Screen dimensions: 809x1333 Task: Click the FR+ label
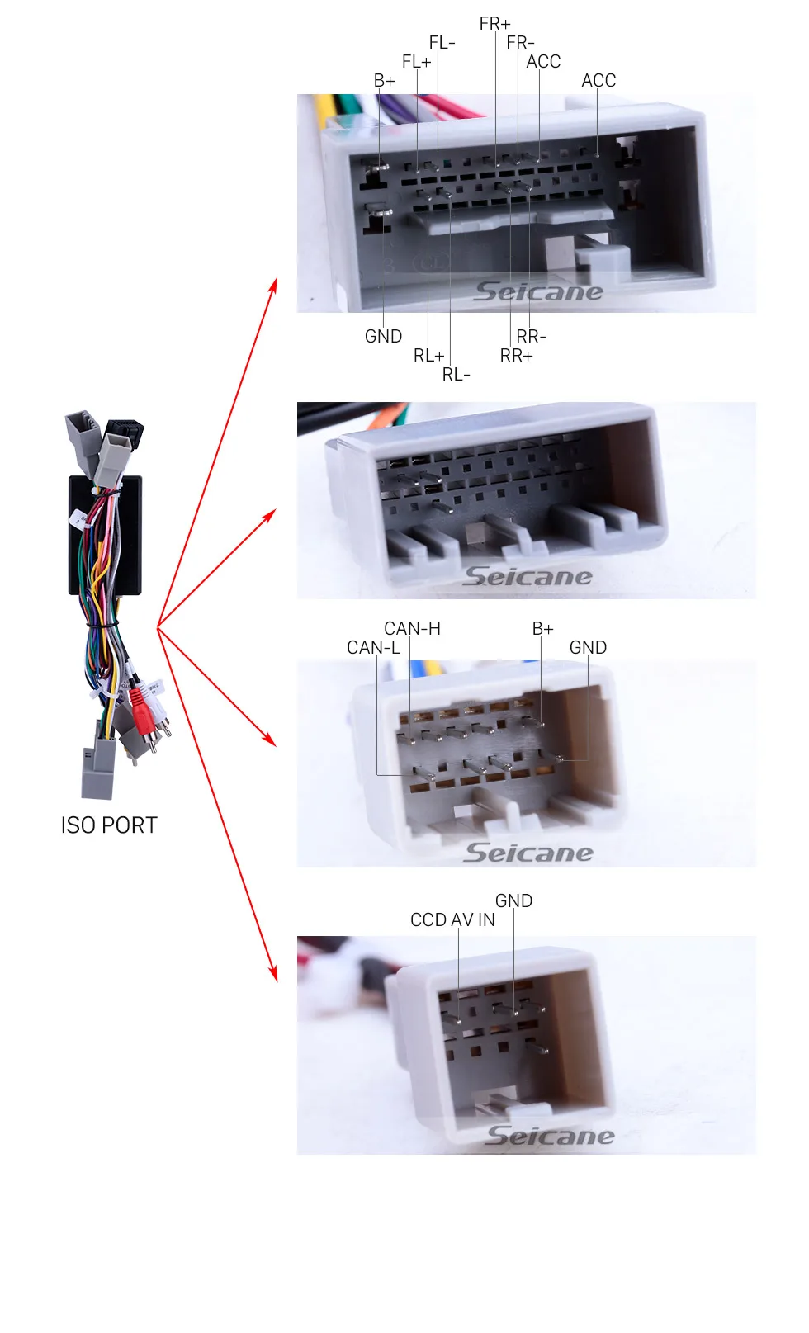pyautogui.click(x=494, y=24)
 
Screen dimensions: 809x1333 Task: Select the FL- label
pyautogui.click(x=442, y=43)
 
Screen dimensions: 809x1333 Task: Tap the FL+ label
pyautogui.click(x=416, y=62)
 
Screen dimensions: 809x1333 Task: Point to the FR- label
pyautogui.click(x=520, y=43)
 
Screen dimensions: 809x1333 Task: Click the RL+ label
pyautogui.click(x=428, y=356)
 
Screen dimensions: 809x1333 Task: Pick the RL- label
pyautogui.click(x=456, y=375)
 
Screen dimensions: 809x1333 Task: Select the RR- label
pyautogui.click(x=531, y=337)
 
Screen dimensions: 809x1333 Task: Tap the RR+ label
pyautogui.click(x=516, y=356)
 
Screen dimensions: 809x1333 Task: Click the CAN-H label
pyautogui.click(x=412, y=628)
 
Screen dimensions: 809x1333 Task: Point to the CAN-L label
pyautogui.click(x=373, y=647)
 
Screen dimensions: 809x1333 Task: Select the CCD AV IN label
pyautogui.click(x=452, y=920)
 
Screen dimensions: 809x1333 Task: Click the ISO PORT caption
pyautogui.click(x=109, y=825)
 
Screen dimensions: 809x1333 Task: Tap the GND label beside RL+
pyautogui.click(x=383, y=337)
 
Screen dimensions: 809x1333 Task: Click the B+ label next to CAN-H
pyautogui.click(x=542, y=628)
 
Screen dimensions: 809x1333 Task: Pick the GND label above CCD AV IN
pyautogui.click(x=513, y=901)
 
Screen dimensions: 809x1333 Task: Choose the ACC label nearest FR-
pyautogui.click(x=543, y=62)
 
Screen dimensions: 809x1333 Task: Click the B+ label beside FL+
pyautogui.click(x=384, y=81)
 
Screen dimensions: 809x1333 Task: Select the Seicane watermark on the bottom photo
pyautogui.click(x=550, y=1136)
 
